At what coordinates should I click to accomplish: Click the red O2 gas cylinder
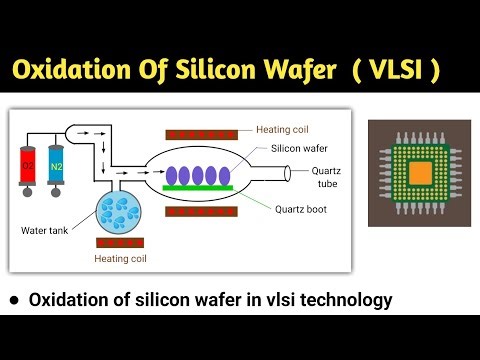[27, 165]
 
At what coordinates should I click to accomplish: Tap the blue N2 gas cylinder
[56, 165]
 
